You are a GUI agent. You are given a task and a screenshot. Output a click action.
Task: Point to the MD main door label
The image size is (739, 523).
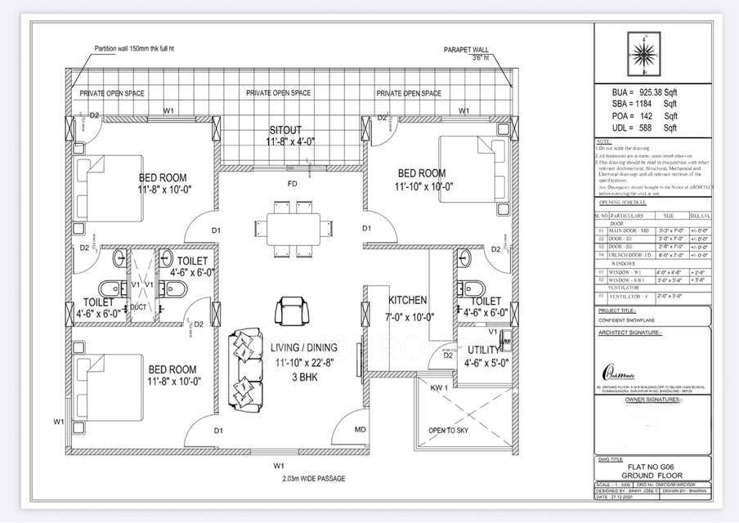click(x=360, y=429)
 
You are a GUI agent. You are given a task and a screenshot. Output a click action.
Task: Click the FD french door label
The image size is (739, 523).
click(x=292, y=184)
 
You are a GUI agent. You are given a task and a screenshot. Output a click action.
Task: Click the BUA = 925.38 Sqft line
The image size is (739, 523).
click(x=645, y=92)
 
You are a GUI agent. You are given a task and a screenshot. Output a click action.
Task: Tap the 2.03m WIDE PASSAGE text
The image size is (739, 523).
click(x=292, y=478)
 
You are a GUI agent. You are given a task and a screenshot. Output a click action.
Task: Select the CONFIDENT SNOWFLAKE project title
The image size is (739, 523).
click(x=629, y=320)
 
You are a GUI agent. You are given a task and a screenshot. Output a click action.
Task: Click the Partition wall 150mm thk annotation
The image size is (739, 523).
click(x=134, y=49)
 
